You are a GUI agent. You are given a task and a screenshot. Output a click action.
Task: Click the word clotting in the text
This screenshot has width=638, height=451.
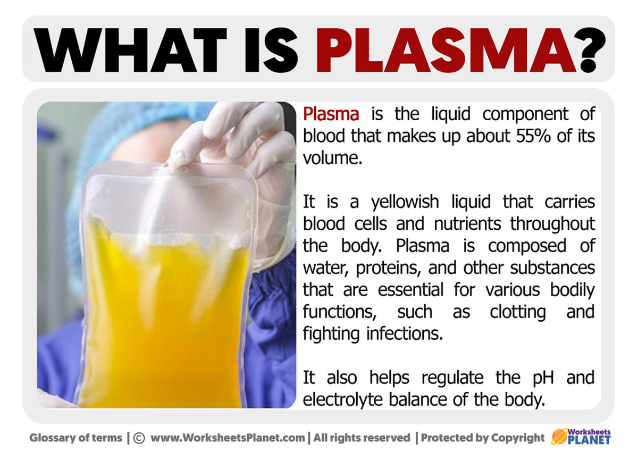[x=517, y=312]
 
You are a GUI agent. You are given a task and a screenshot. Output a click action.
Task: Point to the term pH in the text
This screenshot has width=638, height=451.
[x=541, y=378]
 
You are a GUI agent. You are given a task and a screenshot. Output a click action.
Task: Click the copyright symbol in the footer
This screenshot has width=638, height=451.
[x=139, y=438]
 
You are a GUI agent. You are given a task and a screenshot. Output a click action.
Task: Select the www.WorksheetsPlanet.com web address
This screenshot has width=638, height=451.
[x=228, y=438]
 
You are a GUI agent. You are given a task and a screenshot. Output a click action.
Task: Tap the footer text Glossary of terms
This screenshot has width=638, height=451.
[x=75, y=438]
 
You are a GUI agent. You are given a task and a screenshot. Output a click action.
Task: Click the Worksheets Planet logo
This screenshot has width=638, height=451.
[x=581, y=437]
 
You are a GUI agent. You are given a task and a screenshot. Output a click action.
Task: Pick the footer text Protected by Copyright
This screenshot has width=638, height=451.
[x=483, y=438]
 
